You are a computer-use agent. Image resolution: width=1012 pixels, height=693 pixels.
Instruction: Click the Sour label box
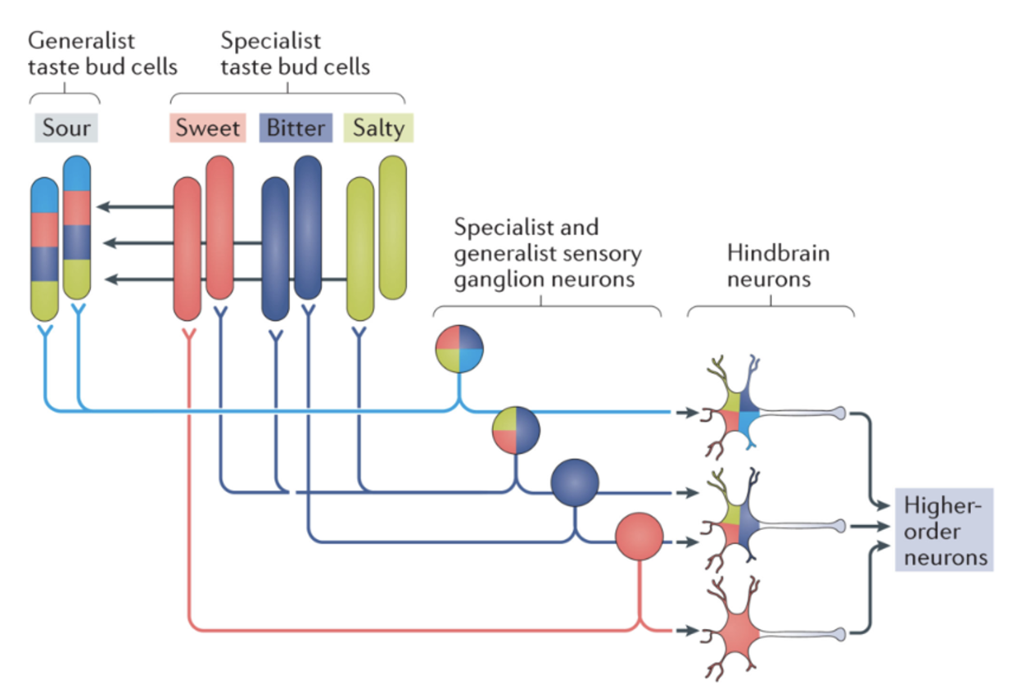pos(66,128)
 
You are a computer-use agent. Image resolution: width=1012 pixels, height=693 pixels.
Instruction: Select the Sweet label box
pos(208,128)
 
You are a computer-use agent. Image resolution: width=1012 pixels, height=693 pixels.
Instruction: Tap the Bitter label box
pos(296,128)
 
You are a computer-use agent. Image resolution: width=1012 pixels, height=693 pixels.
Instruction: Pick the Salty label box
pos(379,128)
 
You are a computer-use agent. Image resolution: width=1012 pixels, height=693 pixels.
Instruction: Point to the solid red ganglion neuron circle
pos(639,536)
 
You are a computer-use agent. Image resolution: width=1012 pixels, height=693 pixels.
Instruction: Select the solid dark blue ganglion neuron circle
pos(575,483)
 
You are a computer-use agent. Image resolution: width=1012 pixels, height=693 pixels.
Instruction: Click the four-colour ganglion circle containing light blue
pos(459,348)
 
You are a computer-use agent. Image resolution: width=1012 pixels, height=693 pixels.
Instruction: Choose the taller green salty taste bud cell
pos(392,227)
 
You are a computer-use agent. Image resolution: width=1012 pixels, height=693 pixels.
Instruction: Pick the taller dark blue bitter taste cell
pos(308,227)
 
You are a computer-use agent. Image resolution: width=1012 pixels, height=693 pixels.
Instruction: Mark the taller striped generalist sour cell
pos(77,227)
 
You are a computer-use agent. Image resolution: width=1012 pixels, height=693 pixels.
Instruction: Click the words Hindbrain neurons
pos(769,266)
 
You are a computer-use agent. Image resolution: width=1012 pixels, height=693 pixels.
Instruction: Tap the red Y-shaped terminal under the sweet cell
pos(187,334)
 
